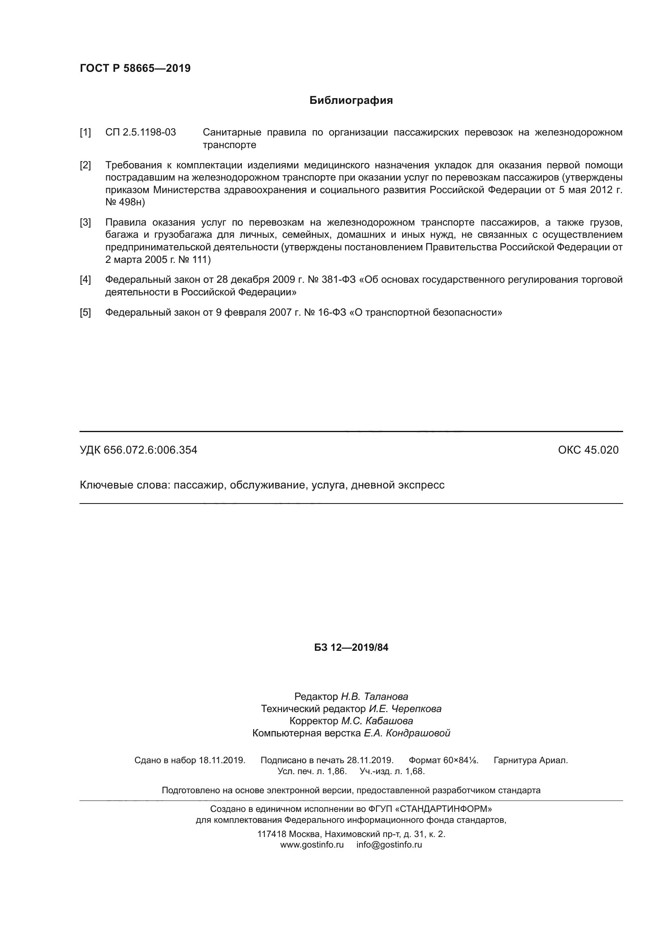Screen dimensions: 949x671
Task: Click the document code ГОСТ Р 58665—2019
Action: click(x=135, y=68)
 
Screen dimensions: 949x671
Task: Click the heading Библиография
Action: click(x=351, y=101)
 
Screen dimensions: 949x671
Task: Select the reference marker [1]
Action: click(x=85, y=132)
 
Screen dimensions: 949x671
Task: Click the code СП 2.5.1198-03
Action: click(x=140, y=132)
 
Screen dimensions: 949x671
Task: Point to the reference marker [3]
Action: click(x=85, y=222)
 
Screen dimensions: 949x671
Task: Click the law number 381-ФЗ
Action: click(x=338, y=280)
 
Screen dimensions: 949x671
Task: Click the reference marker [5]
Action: click(x=85, y=312)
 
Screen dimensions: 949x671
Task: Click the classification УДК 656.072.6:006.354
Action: click(x=138, y=450)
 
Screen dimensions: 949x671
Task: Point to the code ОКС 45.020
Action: click(x=588, y=450)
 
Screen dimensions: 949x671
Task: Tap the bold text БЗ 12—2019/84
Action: click(x=351, y=648)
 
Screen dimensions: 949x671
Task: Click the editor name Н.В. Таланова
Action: click(x=374, y=697)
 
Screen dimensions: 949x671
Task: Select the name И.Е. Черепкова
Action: click(x=405, y=709)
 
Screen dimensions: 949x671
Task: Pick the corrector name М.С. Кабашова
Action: click(x=377, y=721)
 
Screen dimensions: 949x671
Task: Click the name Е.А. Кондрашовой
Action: click(x=406, y=733)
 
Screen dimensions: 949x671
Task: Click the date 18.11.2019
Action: click(x=222, y=760)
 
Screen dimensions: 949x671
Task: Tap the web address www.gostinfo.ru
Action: click(x=312, y=845)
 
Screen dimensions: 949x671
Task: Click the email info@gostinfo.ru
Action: click(x=389, y=845)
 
